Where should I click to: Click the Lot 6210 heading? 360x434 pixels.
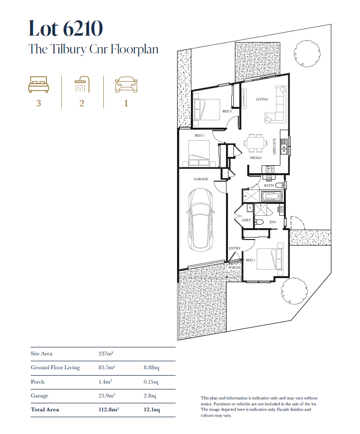coord(66,29)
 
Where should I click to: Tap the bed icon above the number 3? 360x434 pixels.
coord(39,85)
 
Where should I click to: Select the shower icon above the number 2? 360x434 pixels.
coord(82,84)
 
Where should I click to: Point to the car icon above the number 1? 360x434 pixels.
coord(126,85)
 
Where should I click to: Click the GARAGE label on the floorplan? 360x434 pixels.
coord(201,179)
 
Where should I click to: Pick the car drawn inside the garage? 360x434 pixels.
coord(201,220)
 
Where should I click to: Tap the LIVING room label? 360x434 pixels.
coord(262,99)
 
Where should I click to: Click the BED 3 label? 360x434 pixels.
coord(227,111)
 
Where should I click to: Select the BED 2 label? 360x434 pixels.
coord(199,136)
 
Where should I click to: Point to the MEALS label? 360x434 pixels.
coord(256,158)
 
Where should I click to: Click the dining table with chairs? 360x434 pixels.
coord(256,143)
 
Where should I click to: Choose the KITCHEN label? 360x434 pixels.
coord(274,146)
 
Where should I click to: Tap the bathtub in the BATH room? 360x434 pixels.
coord(271,196)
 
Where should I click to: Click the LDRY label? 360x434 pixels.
coord(246,220)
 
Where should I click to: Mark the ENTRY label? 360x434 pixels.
coord(235,248)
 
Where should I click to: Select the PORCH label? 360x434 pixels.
coord(234,268)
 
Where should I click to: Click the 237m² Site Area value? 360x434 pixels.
coord(106,353)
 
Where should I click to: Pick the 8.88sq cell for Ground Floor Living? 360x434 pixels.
coord(151,368)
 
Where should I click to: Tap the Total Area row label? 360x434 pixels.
coord(45,409)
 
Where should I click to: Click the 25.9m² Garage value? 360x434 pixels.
coord(107,395)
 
